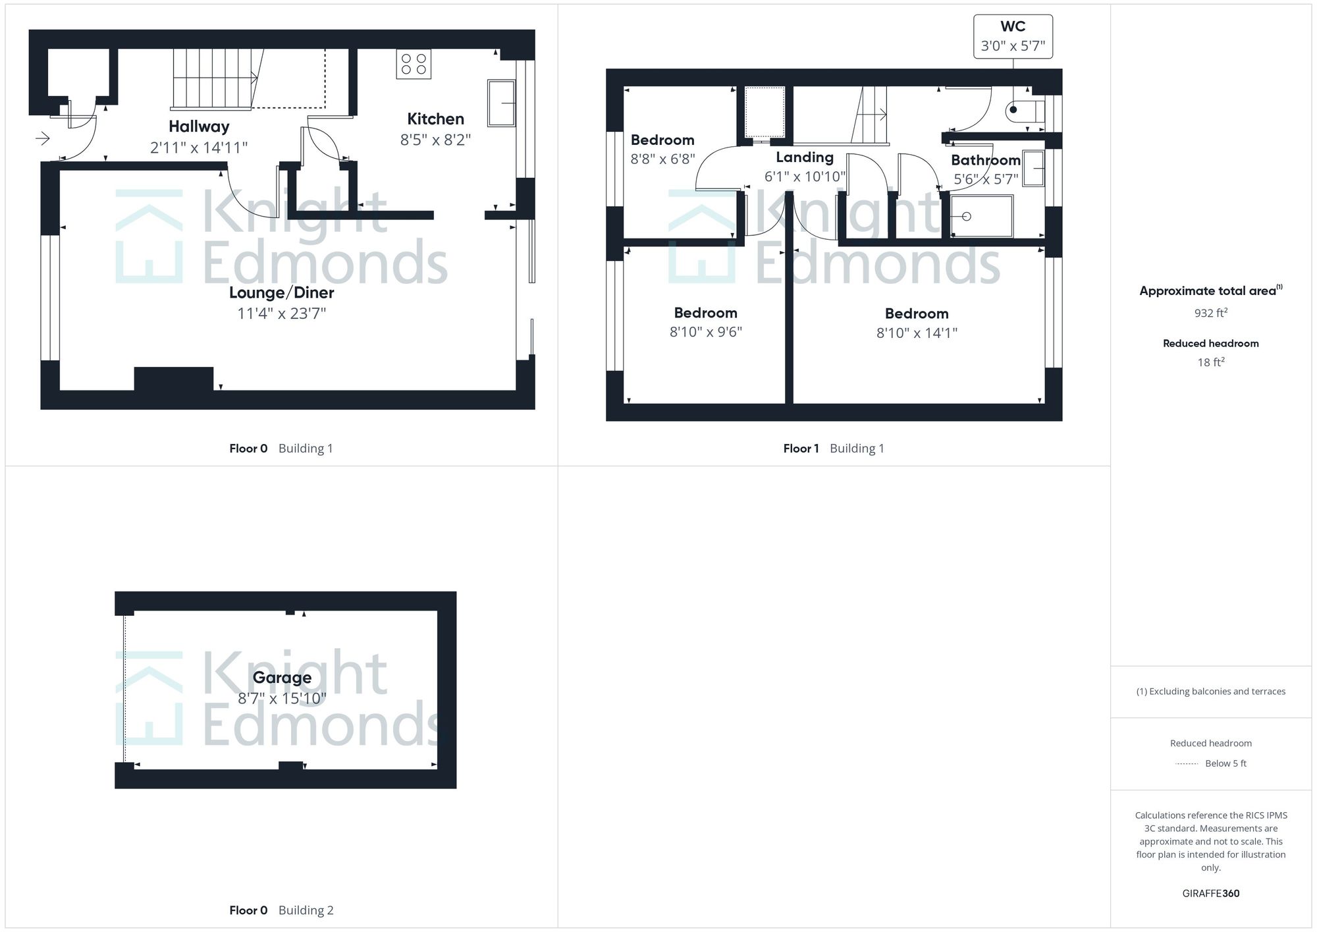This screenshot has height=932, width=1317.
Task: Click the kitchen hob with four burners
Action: pos(414,64)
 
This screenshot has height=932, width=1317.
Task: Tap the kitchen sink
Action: pos(501,103)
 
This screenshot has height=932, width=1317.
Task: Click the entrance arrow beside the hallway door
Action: pos(43,138)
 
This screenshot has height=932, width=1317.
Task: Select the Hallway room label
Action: pos(199,126)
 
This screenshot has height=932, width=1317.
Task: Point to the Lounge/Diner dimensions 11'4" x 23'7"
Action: pos(282,314)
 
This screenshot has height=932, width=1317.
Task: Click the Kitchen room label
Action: pos(435,119)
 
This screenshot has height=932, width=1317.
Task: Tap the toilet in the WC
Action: pos(1025,110)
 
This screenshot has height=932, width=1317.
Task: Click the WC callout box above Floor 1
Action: pos(1013,36)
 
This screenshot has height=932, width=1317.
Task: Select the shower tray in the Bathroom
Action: pos(981,216)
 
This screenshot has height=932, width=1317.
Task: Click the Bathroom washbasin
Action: pos(1034,168)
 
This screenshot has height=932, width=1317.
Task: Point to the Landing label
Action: pos(805,157)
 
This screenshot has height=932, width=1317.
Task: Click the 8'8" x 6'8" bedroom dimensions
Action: pos(662,159)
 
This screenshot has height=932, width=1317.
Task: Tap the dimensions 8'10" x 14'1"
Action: pos(917,333)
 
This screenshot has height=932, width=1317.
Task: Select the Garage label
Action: pos(282,678)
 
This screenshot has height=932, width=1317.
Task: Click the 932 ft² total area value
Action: pos(1210,313)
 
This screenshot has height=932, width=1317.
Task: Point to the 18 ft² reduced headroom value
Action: pos(1210,362)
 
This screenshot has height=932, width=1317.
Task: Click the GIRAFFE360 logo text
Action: pos(1210,893)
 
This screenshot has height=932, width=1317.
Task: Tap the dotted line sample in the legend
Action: pos(1187,764)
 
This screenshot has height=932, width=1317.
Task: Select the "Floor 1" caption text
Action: pos(801,449)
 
